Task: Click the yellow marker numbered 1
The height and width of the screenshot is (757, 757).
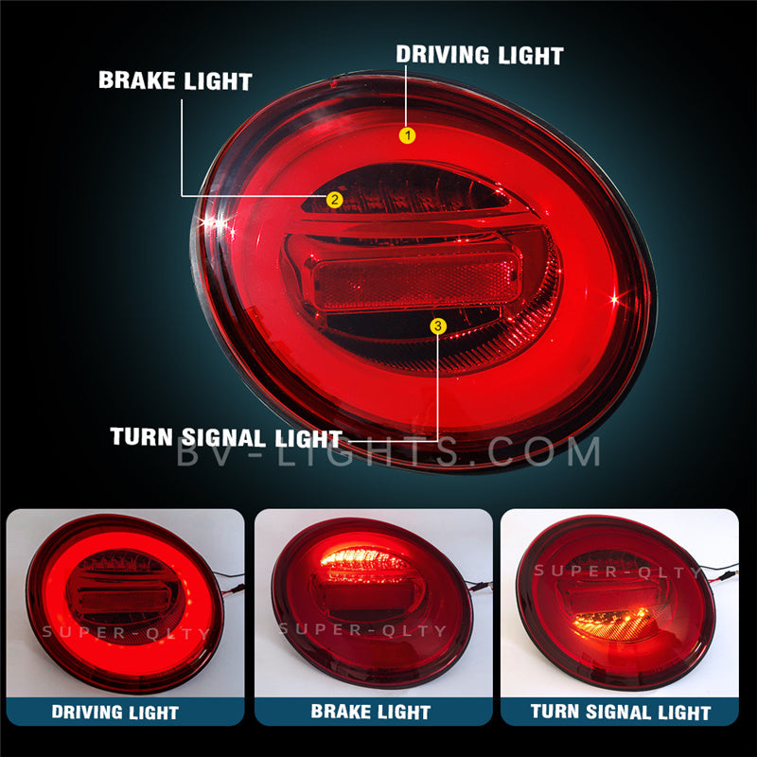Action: (407, 135)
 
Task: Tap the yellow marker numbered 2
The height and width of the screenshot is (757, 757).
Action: (333, 199)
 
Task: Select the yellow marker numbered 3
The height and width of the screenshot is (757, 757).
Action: (437, 326)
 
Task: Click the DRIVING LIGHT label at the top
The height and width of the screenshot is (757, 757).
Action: (480, 54)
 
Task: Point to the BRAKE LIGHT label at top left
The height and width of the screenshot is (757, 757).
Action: (175, 79)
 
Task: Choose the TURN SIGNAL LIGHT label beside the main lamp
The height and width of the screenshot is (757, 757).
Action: (225, 438)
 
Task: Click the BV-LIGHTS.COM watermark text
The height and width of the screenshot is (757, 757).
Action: (388, 452)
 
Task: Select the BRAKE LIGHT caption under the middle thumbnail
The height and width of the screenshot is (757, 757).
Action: (373, 711)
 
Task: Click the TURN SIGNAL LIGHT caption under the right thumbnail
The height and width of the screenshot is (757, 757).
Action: (620, 711)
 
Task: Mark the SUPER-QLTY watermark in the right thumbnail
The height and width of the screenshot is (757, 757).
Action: (620, 571)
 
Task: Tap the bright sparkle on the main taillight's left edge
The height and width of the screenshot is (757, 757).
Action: (216, 223)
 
